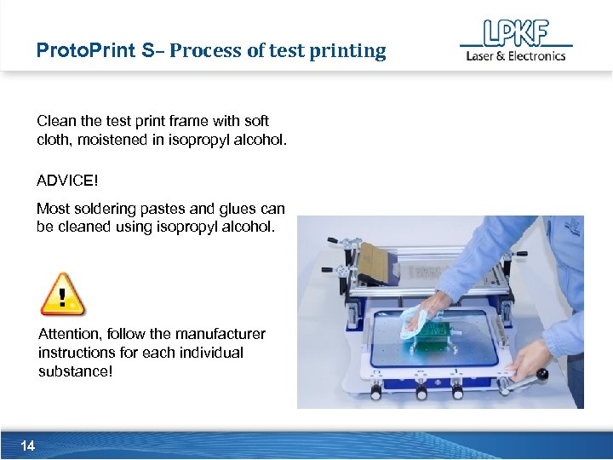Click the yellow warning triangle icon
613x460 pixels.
coord(63,295)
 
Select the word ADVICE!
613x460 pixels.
coord(68,181)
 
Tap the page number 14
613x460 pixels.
coord(27,446)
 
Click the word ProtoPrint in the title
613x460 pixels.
coord(85,50)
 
